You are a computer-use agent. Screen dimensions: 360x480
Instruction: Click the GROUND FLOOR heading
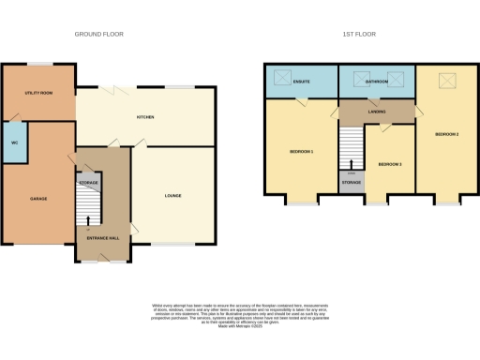point(99,34)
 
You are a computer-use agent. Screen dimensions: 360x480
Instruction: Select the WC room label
point(14,142)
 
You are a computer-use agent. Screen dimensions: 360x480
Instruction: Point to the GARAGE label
point(38,199)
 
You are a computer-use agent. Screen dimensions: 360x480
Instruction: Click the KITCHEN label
point(145,117)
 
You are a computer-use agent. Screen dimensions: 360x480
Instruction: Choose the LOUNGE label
point(173,196)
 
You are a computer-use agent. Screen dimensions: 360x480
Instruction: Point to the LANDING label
point(377,112)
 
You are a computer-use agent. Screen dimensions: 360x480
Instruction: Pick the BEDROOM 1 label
point(301,151)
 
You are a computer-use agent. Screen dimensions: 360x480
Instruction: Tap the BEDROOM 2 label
point(446,134)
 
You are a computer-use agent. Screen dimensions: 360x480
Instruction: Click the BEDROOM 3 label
point(390,164)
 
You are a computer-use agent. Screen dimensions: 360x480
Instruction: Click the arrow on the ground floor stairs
point(89,221)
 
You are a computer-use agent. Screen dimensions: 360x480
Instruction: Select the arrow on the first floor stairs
point(352,165)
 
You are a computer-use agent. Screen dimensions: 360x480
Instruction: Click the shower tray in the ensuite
point(280,79)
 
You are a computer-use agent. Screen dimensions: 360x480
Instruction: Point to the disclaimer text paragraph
point(239,314)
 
